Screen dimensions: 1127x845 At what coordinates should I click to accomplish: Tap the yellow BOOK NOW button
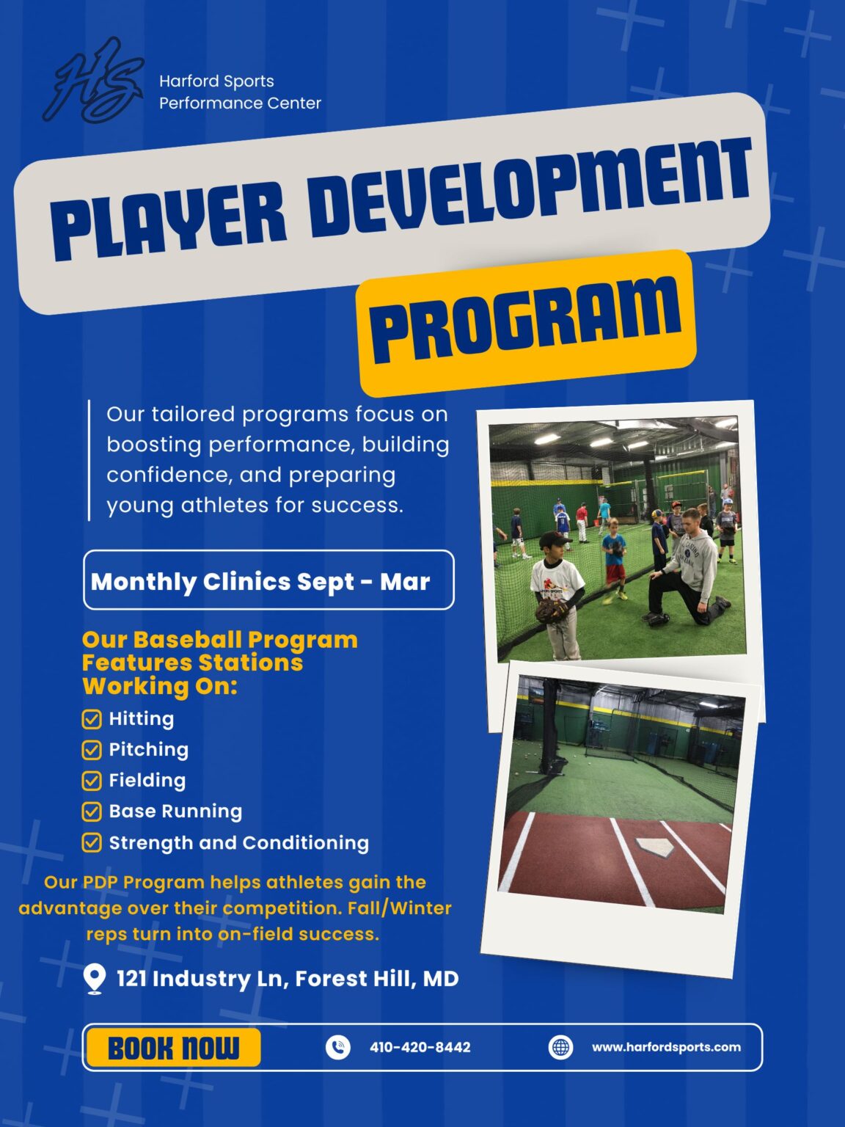point(173,1047)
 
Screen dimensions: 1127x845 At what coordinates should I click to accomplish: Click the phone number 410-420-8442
point(420,1047)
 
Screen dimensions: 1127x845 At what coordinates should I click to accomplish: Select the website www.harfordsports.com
point(666,1047)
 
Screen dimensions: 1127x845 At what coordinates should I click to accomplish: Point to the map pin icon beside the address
point(94,979)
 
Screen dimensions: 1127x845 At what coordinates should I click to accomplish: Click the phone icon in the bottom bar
point(337,1047)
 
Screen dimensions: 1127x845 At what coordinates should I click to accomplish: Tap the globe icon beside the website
point(560,1047)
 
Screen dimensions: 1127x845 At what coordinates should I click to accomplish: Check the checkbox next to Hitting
point(92,719)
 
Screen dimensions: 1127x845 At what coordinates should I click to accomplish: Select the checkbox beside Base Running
point(92,811)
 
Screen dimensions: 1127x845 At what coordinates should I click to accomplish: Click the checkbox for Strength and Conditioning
point(92,842)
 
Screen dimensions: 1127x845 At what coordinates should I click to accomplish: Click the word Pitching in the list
point(149,749)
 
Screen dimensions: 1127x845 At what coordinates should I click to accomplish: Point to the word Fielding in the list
point(147,780)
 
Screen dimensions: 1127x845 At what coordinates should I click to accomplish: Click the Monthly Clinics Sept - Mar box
point(268,580)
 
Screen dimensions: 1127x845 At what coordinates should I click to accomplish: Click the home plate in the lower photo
point(656,847)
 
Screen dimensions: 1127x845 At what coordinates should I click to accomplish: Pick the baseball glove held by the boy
point(551,610)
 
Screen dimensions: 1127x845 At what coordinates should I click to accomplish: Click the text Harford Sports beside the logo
point(216,81)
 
